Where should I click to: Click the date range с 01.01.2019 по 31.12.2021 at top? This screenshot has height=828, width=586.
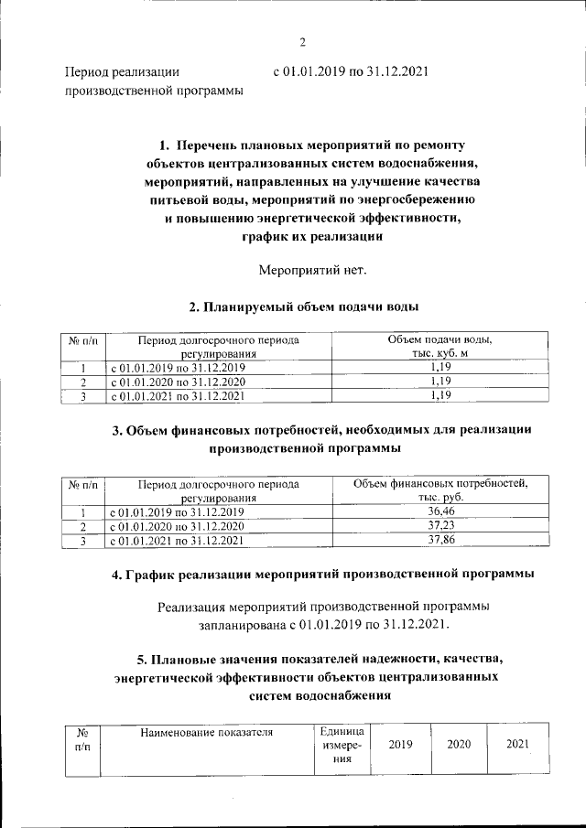[352, 70]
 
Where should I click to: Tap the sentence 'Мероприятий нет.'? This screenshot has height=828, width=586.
[312, 270]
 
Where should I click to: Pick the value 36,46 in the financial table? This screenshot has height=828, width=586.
[440, 511]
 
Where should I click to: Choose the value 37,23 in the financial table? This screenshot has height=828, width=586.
[440, 526]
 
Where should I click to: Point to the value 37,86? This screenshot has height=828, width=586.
[440, 541]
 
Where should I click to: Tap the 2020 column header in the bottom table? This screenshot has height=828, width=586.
[459, 745]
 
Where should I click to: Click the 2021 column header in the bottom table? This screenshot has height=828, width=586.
[518, 745]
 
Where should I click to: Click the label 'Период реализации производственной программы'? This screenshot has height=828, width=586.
[153, 80]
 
